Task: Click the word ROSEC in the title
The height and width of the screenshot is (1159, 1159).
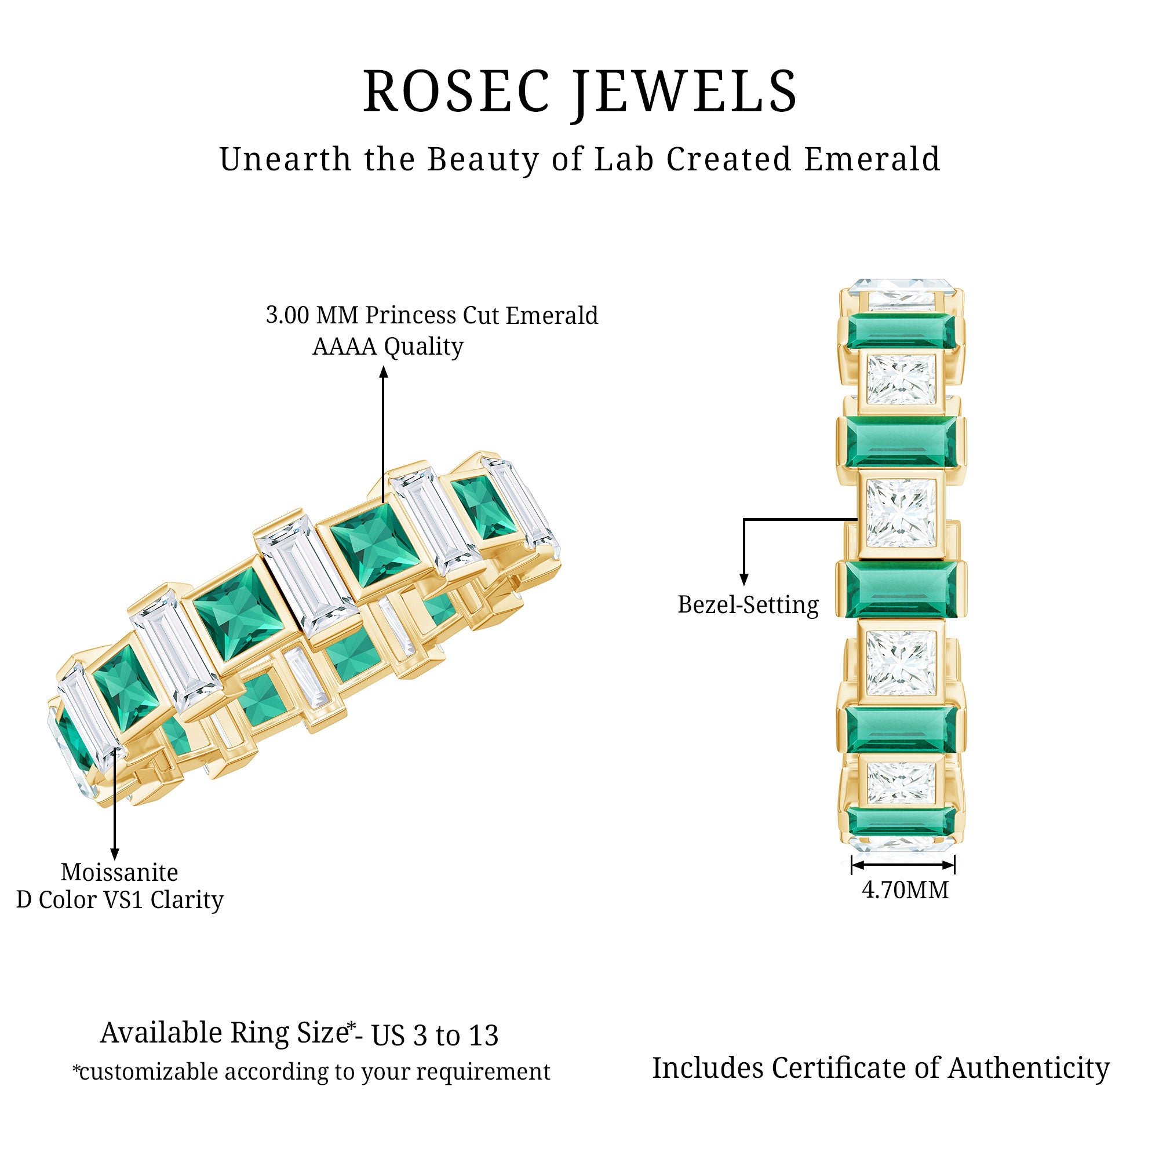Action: point(456,92)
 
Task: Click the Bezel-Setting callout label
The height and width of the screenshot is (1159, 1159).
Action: point(748,604)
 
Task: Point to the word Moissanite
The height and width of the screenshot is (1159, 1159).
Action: point(119,872)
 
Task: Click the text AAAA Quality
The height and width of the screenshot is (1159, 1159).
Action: point(388,347)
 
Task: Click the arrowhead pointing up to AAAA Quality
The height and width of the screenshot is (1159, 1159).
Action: point(384,373)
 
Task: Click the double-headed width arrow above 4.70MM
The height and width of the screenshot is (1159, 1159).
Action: point(903,865)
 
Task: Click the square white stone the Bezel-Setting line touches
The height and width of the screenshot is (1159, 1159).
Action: point(901,514)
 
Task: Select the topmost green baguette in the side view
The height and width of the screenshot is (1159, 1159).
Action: point(901,331)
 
